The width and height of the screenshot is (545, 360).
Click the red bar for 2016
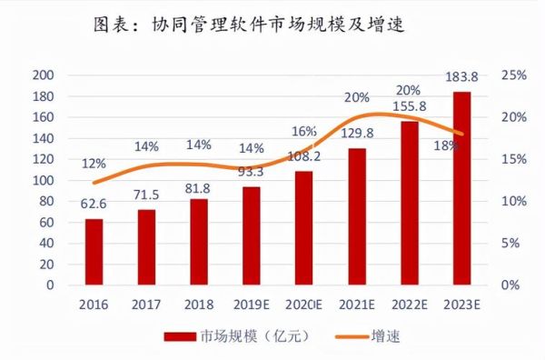pos(94,252)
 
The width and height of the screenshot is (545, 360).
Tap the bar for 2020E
pos(304,228)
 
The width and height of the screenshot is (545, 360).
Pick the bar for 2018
pos(199,242)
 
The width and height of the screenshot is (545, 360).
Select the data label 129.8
pos(358,133)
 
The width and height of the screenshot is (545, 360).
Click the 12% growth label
pos(94,164)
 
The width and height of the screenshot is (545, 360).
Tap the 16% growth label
pos(304,131)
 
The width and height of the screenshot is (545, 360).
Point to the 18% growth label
pos(444,142)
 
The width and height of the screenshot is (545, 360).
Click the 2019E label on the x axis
pos(252,305)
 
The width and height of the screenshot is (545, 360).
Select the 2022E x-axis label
pos(410,305)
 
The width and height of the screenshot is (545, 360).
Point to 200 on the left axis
pos(44,75)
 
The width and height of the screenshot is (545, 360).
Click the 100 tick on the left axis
pos(44,180)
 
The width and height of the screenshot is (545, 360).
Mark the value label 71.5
pos(146,195)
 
